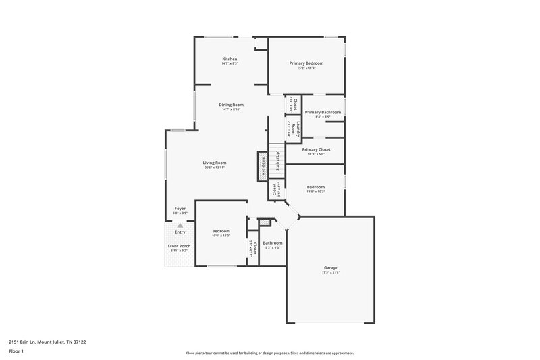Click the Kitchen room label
[230, 59]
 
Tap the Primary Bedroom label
[306, 63]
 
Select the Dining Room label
[231, 105]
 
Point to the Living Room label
[215, 163]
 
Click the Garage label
[330, 267]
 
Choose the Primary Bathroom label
[322, 112]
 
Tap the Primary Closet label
[316, 149]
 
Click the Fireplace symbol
[261, 166]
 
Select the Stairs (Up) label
[277, 161]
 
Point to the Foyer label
[180, 209]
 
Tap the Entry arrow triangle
[180, 225]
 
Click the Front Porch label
[180, 246]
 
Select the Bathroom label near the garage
[273, 242]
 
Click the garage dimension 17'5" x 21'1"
[330, 272]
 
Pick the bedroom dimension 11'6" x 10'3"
[316, 192]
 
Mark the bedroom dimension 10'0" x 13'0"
[221, 236]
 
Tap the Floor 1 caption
[17, 352]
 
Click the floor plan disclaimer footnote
[269, 353]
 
